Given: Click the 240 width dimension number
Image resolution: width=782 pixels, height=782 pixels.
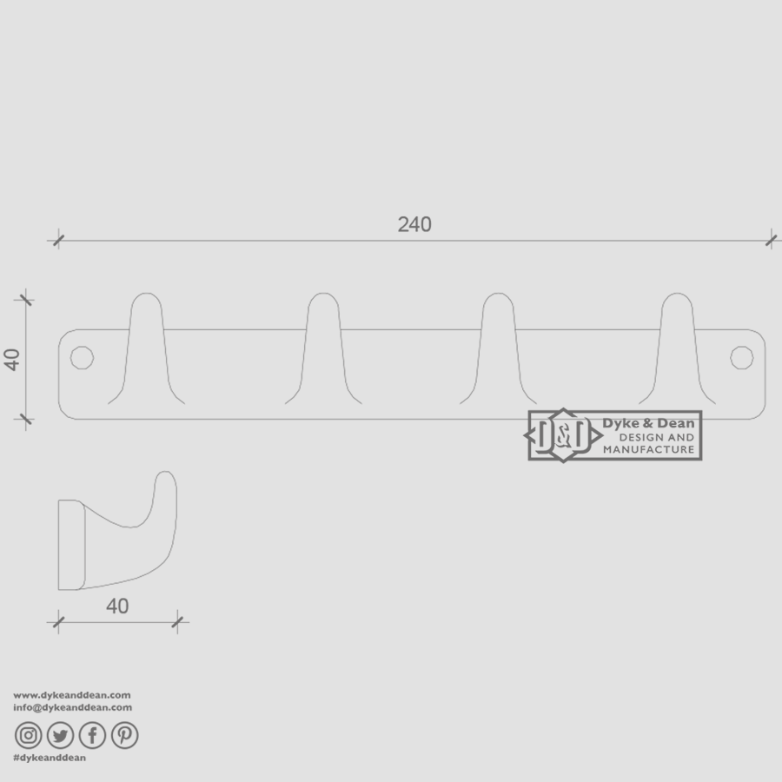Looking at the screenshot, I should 414,224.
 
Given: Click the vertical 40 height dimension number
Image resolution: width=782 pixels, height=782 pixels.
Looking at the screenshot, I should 13,359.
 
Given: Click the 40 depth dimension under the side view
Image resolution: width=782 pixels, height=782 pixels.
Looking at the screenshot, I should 117,606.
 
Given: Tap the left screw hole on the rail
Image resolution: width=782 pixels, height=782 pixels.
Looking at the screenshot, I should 82,357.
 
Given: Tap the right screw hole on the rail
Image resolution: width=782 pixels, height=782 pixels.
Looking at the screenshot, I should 741,357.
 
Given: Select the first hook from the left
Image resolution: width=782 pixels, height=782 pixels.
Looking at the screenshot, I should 146,348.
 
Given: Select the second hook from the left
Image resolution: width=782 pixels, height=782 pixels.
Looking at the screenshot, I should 324,348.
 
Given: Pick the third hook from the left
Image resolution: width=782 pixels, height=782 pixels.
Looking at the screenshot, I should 498,348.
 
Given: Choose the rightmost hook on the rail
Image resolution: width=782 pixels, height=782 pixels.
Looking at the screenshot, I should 677,348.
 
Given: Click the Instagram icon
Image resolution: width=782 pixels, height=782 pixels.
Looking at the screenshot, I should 29,736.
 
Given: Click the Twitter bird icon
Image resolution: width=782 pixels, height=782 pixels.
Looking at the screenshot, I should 60,736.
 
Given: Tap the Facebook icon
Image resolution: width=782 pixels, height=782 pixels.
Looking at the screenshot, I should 92,736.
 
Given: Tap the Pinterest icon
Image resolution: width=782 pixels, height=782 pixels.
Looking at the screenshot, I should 124,736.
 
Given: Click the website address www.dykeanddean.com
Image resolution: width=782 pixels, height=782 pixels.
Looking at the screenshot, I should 72,695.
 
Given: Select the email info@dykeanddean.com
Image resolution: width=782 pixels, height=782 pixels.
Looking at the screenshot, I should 73,707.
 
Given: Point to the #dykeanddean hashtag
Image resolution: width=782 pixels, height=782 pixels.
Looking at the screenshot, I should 50,758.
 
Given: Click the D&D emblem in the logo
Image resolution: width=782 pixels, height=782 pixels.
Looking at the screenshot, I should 563,435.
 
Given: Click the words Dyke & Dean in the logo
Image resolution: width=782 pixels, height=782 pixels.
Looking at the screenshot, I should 648,423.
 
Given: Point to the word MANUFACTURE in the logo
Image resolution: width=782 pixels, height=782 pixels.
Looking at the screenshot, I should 649,449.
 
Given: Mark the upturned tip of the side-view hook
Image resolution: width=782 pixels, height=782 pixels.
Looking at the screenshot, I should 166,480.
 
